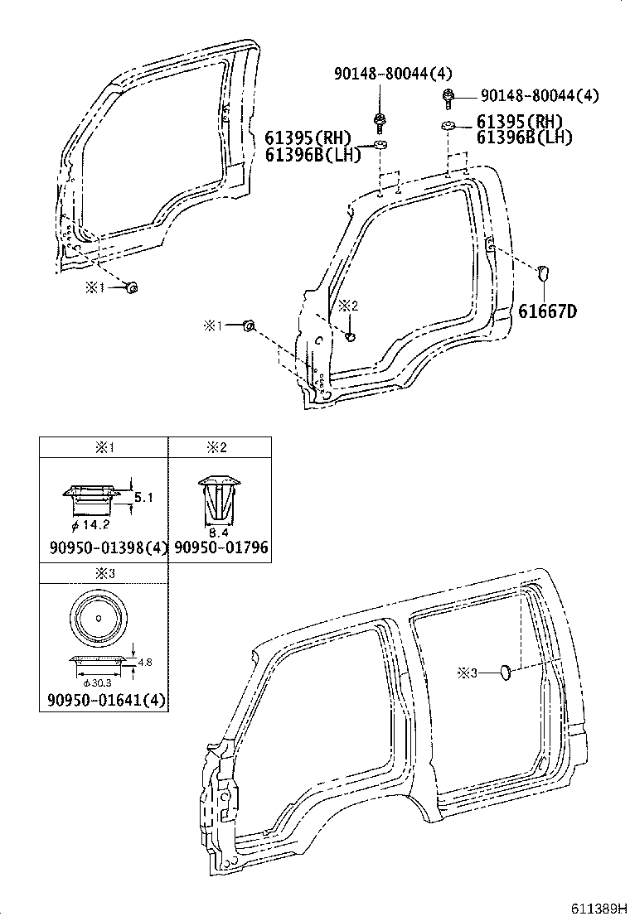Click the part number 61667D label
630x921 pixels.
click(x=547, y=311)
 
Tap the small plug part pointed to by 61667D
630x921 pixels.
click(x=544, y=271)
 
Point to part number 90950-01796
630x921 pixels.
click(x=220, y=548)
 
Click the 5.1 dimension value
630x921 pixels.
click(x=143, y=498)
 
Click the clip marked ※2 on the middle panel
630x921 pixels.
click(x=351, y=336)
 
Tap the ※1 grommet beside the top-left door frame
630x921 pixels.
click(x=131, y=287)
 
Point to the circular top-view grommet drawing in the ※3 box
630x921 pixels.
click(x=98, y=617)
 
